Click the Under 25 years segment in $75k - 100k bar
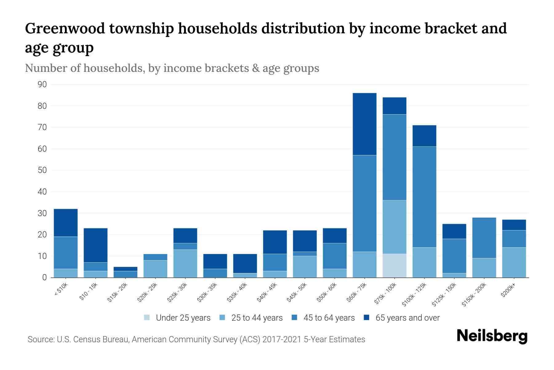[x=394, y=265]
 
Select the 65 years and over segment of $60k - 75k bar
[x=364, y=124]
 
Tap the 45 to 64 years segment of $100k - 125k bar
[x=424, y=197]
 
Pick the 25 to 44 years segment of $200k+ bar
[x=514, y=262]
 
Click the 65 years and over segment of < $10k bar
[x=66, y=223]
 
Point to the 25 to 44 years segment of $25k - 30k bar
[x=185, y=263]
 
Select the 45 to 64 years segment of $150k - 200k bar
[x=484, y=238]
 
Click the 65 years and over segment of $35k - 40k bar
[x=245, y=263]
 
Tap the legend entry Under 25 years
[x=183, y=318]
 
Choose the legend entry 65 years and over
[x=407, y=318]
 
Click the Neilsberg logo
[x=492, y=336]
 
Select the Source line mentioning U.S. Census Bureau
[x=196, y=339]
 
